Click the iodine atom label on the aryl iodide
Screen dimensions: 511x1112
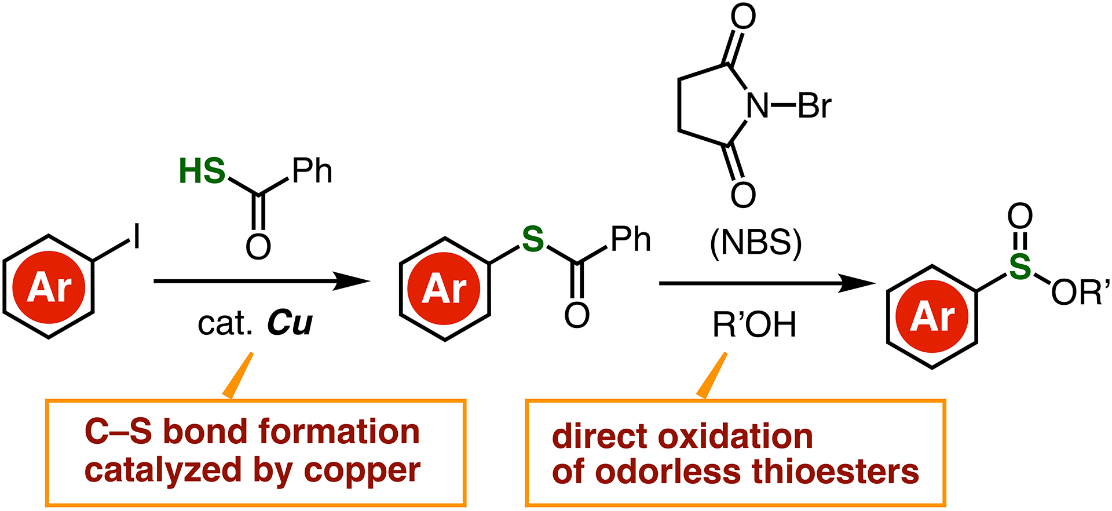(137, 237)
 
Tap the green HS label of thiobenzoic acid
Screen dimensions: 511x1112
(202, 171)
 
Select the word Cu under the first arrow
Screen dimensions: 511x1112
(290, 323)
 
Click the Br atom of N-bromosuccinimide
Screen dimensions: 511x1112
(814, 106)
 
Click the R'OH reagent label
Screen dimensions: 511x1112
(754, 324)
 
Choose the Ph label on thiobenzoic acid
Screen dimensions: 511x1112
(312, 171)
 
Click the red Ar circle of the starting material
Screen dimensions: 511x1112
(49, 287)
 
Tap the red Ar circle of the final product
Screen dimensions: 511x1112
(932, 317)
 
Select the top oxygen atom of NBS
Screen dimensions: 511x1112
(743, 17)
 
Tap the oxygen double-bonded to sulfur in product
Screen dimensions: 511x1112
(1020, 217)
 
